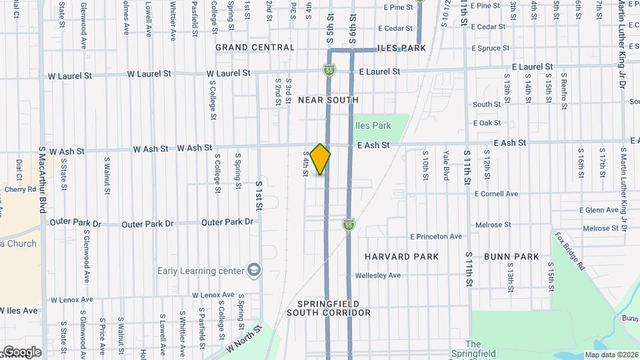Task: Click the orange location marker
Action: (x=321, y=159)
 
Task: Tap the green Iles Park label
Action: (x=373, y=125)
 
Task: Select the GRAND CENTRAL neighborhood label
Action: (x=255, y=47)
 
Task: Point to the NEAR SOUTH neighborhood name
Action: (x=328, y=100)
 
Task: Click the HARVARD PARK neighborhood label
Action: (x=401, y=257)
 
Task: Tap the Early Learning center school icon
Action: (x=253, y=270)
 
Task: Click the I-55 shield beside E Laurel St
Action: (x=329, y=69)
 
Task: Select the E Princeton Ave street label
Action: (x=436, y=237)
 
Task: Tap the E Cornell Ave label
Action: (x=496, y=194)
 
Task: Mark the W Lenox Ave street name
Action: (x=213, y=295)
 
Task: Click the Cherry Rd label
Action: (x=19, y=189)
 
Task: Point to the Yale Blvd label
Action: (x=446, y=165)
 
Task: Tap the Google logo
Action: (x=21, y=352)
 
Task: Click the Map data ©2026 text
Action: (x=611, y=355)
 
